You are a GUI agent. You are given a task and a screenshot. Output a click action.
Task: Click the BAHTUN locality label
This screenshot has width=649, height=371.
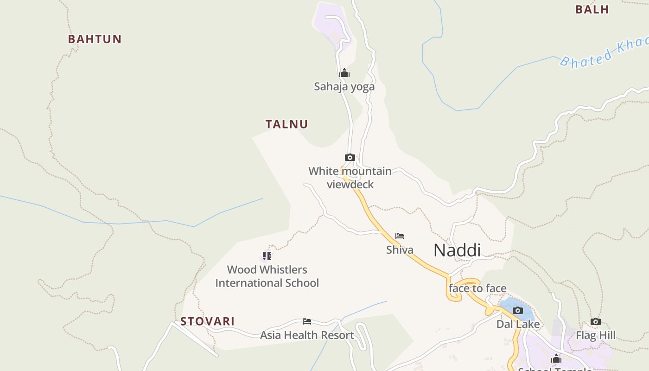[95, 39]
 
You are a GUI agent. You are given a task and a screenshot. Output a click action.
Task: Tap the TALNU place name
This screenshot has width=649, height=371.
[286, 124]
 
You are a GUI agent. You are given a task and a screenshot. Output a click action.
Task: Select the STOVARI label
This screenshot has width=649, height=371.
[207, 321]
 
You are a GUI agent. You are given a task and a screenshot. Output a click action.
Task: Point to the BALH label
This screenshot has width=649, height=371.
[592, 9]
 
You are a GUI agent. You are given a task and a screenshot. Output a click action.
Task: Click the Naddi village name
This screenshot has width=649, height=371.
[457, 250]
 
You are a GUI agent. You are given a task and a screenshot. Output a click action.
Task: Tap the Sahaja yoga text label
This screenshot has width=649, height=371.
[344, 87]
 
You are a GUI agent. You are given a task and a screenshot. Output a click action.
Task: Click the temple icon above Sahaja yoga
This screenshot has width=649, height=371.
[344, 73]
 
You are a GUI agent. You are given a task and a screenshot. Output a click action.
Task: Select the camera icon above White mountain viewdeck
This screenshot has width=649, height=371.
[350, 158]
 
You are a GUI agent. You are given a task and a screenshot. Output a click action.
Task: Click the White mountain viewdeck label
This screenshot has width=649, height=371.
[350, 178]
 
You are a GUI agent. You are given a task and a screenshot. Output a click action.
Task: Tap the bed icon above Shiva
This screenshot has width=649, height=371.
[400, 236]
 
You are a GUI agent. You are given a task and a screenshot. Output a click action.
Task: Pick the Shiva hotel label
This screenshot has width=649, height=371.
[400, 250]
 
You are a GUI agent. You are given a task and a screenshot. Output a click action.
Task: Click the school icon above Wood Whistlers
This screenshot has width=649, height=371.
[267, 256]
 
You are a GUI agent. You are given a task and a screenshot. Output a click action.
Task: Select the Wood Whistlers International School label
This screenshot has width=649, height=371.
[267, 276]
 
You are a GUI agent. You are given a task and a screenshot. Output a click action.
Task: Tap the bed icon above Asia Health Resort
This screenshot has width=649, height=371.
[307, 321]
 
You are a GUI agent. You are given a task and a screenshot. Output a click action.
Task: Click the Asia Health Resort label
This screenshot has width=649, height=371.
[307, 335]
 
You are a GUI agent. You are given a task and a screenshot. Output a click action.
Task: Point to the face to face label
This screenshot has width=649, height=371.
[477, 288]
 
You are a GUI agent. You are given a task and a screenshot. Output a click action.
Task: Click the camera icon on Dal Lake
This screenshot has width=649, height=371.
[518, 310]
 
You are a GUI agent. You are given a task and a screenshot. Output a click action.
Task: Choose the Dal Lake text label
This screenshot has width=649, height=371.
[518, 324]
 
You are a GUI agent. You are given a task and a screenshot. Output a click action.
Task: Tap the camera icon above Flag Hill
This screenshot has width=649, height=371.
[596, 321]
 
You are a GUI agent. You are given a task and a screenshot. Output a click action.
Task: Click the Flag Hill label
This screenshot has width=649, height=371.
[596, 335]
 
